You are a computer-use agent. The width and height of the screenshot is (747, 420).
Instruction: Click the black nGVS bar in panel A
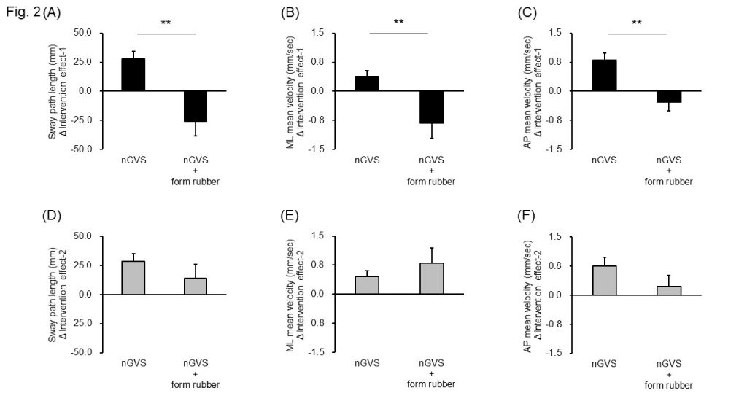133,74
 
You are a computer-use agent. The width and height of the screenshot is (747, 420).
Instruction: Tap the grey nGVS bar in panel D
133,277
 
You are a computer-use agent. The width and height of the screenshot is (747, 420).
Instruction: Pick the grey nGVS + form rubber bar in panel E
432,279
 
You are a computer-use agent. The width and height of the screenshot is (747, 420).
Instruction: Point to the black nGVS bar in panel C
604,75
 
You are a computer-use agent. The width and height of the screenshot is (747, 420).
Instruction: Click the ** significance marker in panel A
166,23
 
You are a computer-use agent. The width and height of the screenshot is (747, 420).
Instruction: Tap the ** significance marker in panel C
636,23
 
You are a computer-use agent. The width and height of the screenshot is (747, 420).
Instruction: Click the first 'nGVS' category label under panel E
367,364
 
